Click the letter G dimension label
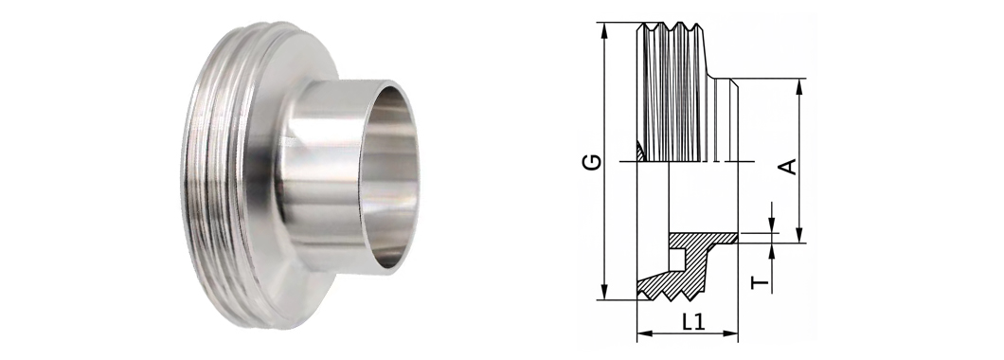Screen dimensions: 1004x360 click(x=592, y=161)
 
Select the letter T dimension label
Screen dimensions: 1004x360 click(x=760, y=282)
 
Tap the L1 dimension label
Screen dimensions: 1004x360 click(x=692, y=322)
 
